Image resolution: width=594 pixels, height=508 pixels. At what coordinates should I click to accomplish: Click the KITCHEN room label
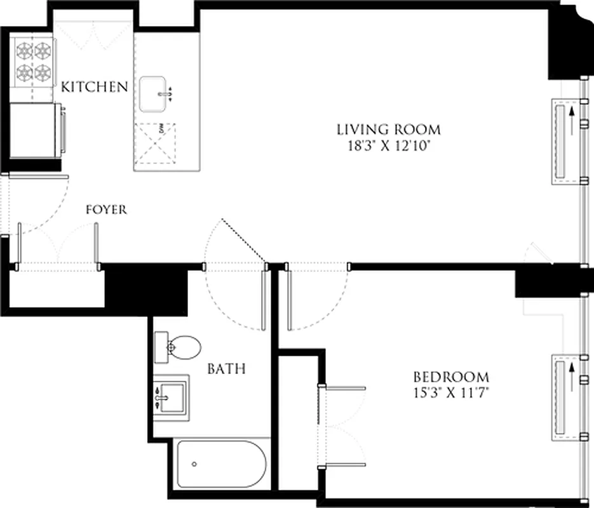tap(95, 87)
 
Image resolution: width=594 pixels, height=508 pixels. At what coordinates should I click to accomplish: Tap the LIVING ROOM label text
tap(388, 130)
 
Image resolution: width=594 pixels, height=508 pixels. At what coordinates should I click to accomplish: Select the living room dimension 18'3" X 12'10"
tap(388, 146)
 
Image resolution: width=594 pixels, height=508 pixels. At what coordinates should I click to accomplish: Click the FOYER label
tap(106, 210)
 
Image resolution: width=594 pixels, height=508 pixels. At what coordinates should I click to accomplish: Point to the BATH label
tap(226, 369)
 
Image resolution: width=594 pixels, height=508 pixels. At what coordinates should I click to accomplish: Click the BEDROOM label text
tap(451, 377)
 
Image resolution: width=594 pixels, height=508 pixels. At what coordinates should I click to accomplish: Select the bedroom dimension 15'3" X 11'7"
tap(451, 392)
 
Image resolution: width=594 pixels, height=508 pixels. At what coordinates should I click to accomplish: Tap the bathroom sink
tap(171, 396)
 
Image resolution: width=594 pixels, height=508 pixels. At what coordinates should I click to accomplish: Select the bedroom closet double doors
tap(343, 425)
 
